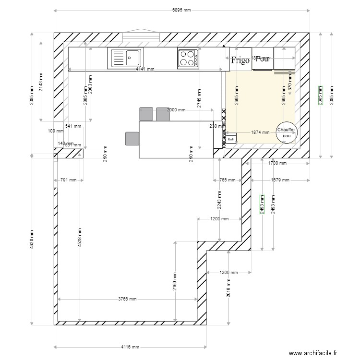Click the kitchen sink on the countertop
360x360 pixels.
click(x=127, y=58)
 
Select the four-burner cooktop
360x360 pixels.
click(x=188, y=59)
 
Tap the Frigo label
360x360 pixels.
click(x=240, y=60)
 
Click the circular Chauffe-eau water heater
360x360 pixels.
click(x=286, y=132)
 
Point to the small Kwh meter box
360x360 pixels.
click(x=231, y=139)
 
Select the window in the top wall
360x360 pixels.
click(x=141, y=37)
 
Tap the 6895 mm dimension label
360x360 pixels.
click(x=181, y=11)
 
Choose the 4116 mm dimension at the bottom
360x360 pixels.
click(x=130, y=347)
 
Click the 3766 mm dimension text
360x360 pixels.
click(x=128, y=299)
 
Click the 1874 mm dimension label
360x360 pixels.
click(x=261, y=132)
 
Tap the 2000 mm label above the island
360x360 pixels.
click(x=176, y=110)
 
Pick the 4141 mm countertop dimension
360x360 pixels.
click(x=145, y=69)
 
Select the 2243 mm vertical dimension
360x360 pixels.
click(x=219, y=200)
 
